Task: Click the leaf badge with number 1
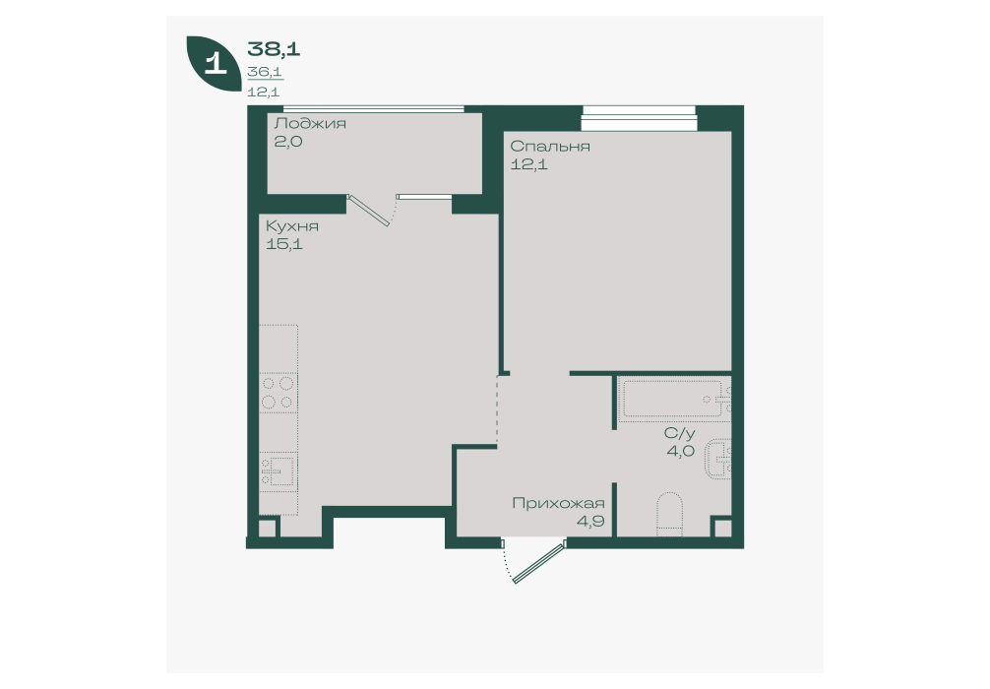(x=215, y=63)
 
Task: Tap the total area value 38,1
(x=274, y=48)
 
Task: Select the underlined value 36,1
(x=265, y=72)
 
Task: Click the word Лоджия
(x=310, y=123)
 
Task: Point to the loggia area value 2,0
(x=288, y=142)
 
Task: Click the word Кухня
(x=291, y=226)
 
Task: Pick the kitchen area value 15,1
(x=284, y=244)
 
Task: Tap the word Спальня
(x=550, y=147)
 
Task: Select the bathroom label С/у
(x=679, y=433)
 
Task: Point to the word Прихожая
(x=558, y=504)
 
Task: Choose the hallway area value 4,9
(x=590, y=522)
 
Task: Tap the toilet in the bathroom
(x=670, y=514)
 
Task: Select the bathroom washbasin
(x=719, y=459)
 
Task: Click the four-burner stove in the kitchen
(x=278, y=393)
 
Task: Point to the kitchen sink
(x=278, y=471)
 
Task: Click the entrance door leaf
(x=538, y=561)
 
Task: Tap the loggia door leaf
(x=369, y=211)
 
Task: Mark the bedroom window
(x=640, y=118)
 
